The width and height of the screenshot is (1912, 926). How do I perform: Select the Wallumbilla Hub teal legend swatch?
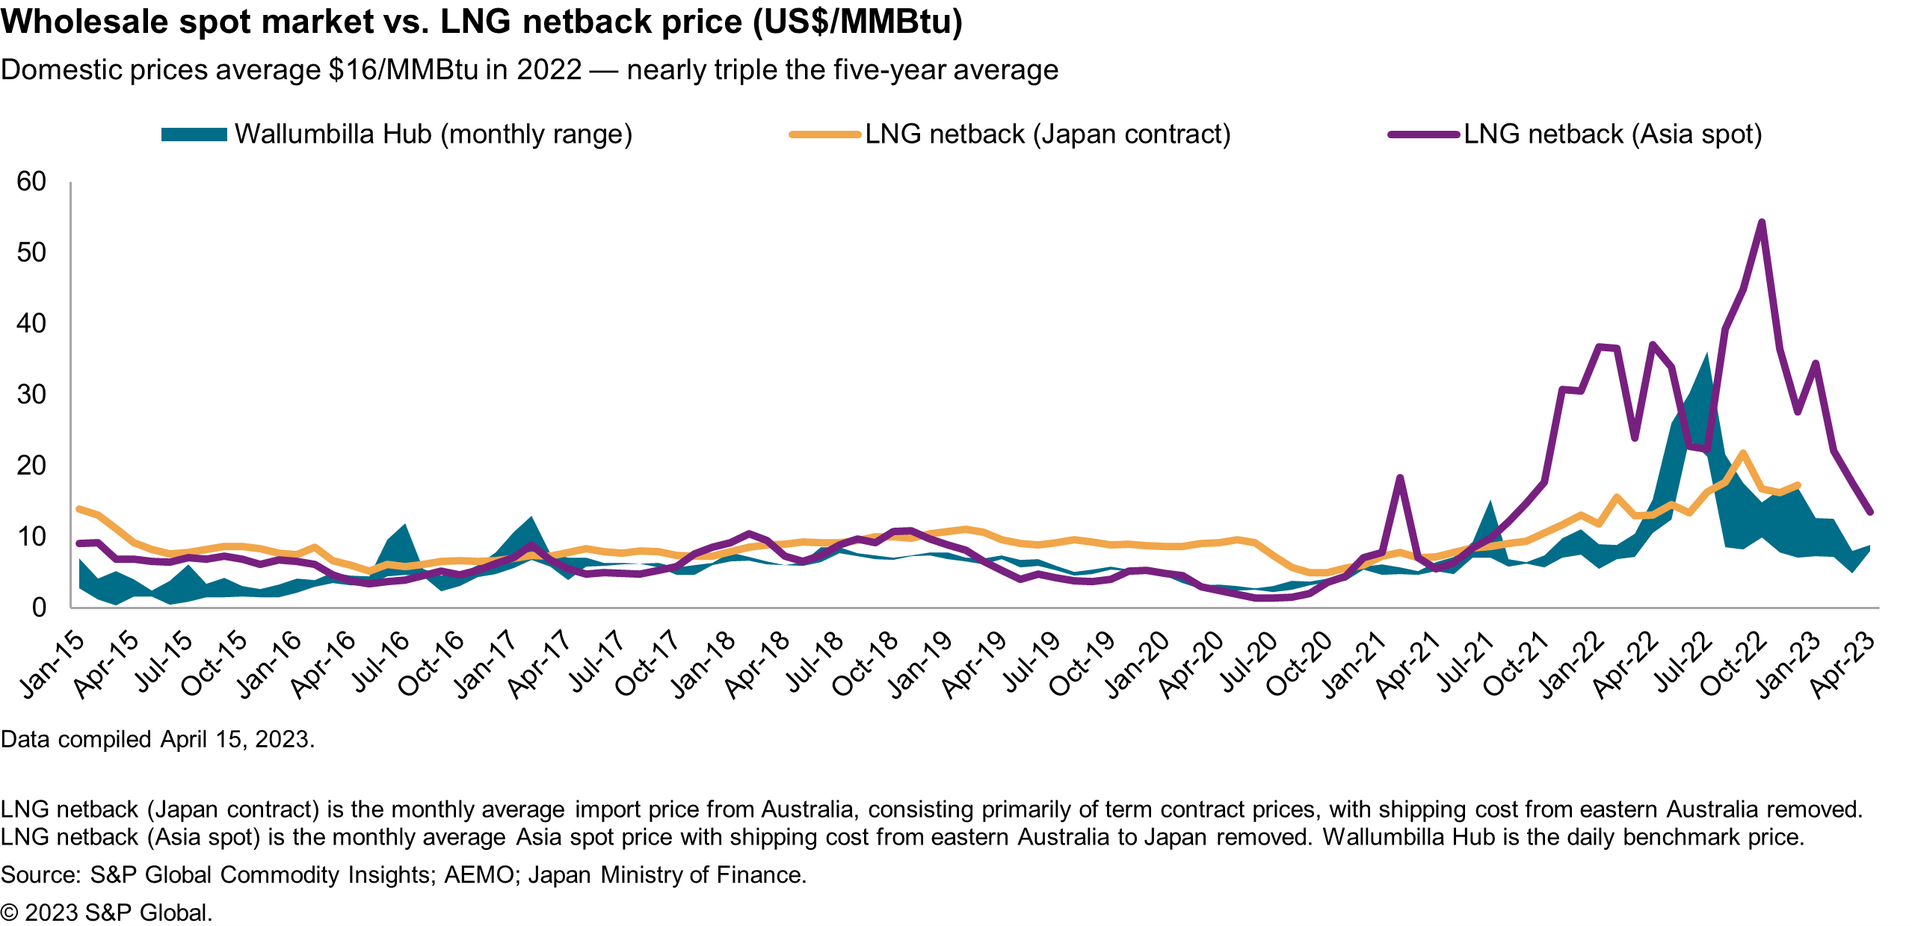[194, 135]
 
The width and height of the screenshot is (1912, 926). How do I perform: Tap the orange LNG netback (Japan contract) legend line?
[825, 135]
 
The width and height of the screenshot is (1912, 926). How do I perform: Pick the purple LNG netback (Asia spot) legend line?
[1424, 135]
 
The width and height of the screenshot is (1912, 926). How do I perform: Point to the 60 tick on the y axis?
[31, 182]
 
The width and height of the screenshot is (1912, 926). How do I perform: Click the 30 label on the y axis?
[31, 395]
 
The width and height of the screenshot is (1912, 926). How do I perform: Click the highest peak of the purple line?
[1762, 222]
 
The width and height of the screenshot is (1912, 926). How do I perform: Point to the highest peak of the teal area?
[1706, 354]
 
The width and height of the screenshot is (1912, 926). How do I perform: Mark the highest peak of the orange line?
[1743, 453]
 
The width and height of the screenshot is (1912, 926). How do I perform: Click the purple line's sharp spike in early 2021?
[1399, 478]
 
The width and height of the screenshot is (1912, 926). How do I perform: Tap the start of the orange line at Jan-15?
[79, 509]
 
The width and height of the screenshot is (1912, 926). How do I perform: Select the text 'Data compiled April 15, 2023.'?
[158, 739]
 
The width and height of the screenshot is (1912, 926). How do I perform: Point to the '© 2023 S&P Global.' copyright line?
[107, 913]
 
